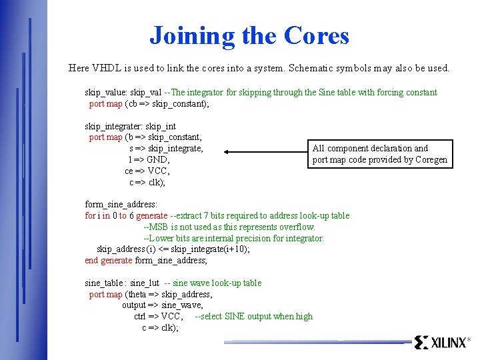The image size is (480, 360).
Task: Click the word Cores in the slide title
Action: tap(317, 35)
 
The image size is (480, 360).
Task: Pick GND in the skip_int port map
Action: tap(158, 160)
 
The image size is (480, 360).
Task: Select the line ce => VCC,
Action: tap(147, 171)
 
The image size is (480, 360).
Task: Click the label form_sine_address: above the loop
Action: tap(121, 205)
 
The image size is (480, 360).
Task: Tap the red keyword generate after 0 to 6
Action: tap(151, 216)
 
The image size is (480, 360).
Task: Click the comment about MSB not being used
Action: tap(230, 227)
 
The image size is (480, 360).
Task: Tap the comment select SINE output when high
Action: tap(254, 317)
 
